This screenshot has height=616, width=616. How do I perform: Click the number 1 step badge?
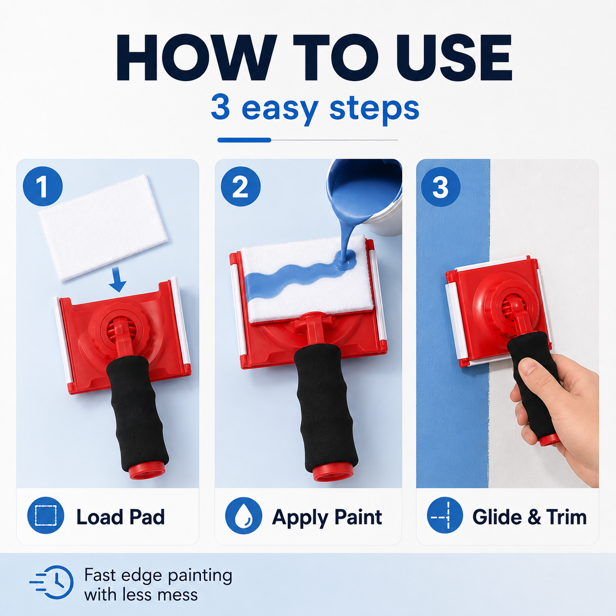pos(43,186)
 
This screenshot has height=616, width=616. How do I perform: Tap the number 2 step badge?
pos(241,186)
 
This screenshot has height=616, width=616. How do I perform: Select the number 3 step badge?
pos(441,187)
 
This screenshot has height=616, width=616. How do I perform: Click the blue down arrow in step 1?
pos(117,280)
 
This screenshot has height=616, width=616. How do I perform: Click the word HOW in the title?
pos(195,57)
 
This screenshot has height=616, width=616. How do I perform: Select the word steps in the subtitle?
pos(374,109)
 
